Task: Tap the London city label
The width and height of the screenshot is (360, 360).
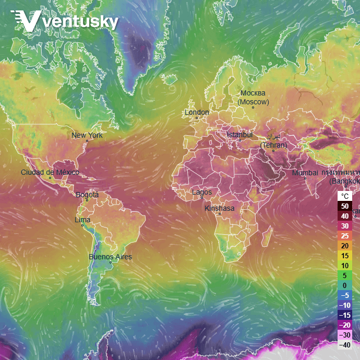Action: (197, 112)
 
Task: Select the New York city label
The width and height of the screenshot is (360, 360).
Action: (87, 135)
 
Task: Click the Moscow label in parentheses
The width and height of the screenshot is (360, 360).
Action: (254, 102)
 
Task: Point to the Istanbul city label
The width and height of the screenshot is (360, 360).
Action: (239, 135)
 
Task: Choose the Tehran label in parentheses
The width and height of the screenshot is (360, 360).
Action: (274, 145)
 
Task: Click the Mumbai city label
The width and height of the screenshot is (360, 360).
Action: (305, 173)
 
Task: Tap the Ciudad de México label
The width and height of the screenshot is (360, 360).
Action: (50, 172)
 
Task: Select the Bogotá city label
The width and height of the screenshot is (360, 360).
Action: (87, 195)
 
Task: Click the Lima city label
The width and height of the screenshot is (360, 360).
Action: (82, 219)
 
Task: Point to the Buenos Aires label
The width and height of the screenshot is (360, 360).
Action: (110, 257)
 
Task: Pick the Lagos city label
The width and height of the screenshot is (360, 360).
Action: (202, 192)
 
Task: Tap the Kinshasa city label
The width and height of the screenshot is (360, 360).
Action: (220, 208)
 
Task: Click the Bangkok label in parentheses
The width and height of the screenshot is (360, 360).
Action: (344, 181)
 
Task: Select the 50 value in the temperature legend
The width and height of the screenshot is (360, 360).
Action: (344, 206)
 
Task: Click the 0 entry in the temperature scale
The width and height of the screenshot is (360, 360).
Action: (344, 285)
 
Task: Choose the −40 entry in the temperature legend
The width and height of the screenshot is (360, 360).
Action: (344, 344)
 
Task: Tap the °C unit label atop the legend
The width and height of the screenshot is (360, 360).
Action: (344, 196)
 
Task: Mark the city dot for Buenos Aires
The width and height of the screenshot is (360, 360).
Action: (111, 262)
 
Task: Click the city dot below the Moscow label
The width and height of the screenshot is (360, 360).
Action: (253, 107)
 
